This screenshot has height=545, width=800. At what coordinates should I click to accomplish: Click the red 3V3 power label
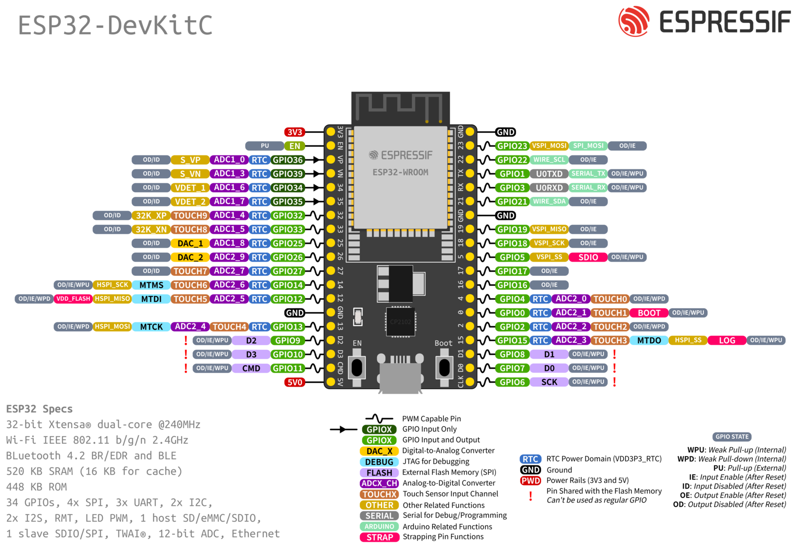coord(294,132)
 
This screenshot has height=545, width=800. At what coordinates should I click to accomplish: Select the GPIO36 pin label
coord(287,160)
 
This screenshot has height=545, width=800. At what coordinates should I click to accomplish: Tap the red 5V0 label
coord(294,382)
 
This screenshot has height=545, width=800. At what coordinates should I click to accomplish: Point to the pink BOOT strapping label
coord(649,313)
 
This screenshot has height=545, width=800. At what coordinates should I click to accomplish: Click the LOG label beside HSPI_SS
coord(726,340)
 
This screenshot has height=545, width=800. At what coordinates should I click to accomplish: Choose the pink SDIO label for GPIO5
coord(588,257)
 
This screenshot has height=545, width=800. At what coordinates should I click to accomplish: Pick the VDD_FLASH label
coord(73,299)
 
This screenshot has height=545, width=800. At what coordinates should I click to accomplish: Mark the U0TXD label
coord(549,174)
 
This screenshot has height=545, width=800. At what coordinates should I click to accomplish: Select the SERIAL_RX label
coord(588,187)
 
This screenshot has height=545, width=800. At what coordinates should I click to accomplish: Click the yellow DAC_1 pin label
coord(190,243)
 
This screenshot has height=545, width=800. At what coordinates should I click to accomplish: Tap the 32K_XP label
coord(151,215)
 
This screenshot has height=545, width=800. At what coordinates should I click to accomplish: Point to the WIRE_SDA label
coord(549,201)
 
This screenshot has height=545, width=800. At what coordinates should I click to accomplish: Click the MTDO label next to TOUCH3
coord(649,340)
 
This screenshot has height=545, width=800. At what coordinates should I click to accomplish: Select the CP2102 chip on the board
coord(400,322)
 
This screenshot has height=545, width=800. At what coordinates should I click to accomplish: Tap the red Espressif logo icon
coord(633,21)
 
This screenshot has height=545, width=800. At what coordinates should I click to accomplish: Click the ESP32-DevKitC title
coord(115,25)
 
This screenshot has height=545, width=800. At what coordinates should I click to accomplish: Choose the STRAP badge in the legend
coord(379,537)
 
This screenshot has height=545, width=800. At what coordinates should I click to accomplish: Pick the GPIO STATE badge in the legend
coord(732,437)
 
